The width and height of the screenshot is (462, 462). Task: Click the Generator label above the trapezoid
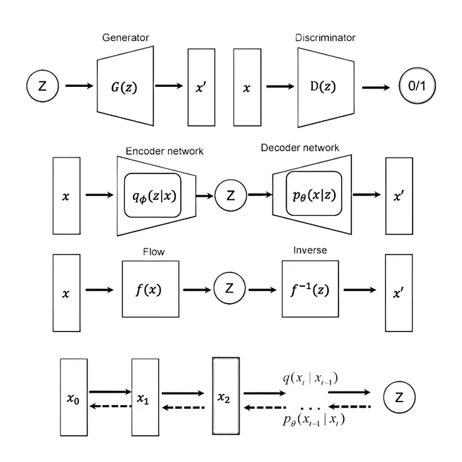(x=125, y=37)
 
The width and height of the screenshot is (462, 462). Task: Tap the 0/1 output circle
(x=415, y=87)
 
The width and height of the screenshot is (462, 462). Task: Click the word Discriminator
(x=325, y=37)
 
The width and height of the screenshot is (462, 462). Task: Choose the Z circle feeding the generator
(x=43, y=86)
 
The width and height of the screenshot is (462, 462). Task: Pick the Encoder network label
(x=165, y=151)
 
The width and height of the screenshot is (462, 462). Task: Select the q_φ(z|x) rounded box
(x=153, y=195)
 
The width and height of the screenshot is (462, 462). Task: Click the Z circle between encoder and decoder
(x=231, y=196)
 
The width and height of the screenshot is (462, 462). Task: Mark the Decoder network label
(x=300, y=148)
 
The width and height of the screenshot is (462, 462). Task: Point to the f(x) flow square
(x=150, y=290)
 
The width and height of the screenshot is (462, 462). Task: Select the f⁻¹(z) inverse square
(x=310, y=290)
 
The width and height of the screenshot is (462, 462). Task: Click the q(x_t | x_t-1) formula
(x=310, y=378)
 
